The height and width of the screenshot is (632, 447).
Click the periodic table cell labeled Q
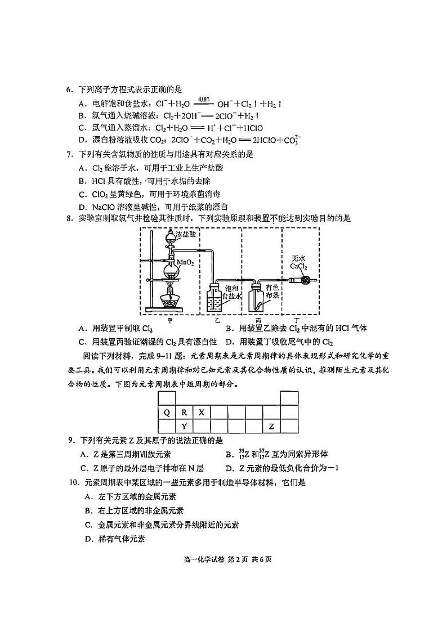(x=167, y=412)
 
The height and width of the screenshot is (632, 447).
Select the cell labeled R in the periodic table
(x=184, y=412)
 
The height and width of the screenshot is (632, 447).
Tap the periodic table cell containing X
(x=202, y=412)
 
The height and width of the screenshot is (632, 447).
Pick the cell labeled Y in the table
(x=184, y=426)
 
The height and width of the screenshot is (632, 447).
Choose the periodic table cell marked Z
(x=271, y=426)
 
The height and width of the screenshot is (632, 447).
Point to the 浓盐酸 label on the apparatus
(x=187, y=233)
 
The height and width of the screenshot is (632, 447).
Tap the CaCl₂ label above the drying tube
(x=298, y=266)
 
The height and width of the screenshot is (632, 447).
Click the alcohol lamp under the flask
(x=171, y=298)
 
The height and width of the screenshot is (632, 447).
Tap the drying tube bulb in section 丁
(x=306, y=280)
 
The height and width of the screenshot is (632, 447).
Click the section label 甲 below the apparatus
(x=170, y=320)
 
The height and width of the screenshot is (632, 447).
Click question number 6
(x=69, y=89)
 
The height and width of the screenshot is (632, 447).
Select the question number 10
(x=73, y=482)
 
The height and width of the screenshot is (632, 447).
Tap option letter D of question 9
(x=229, y=468)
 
